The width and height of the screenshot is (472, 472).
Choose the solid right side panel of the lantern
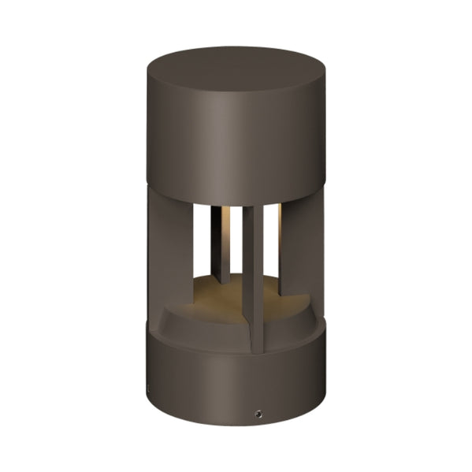click(303, 252)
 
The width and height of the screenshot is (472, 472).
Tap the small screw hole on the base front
click(257, 413)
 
